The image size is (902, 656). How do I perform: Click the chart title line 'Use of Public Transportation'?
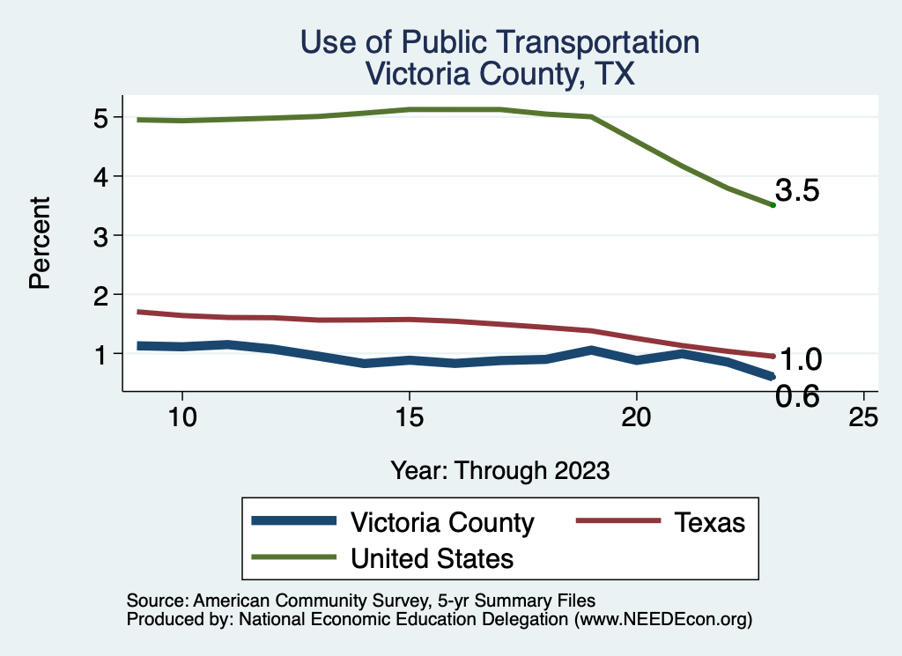click(x=499, y=42)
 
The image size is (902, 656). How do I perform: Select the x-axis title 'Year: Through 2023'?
click(x=499, y=470)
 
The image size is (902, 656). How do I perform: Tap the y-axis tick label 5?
click(x=100, y=117)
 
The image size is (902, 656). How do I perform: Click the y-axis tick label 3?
click(x=100, y=235)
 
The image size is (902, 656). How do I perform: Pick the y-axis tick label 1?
click(x=100, y=353)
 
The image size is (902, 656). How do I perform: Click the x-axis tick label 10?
click(x=181, y=416)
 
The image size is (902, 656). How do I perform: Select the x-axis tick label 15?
click(x=409, y=416)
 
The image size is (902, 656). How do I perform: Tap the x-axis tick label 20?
click(x=636, y=416)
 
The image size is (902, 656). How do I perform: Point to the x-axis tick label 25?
click(x=863, y=416)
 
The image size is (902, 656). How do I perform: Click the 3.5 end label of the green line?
click(x=798, y=190)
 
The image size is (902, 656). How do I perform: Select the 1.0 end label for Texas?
click(x=801, y=359)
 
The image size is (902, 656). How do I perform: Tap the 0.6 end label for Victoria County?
click(x=797, y=396)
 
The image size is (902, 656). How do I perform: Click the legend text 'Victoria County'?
click(x=442, y=522)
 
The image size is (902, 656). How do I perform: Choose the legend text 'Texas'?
click(x=710, y=522)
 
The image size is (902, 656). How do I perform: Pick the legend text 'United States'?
click(x=432, y=557)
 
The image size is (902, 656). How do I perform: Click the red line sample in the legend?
click(x=617, y=521)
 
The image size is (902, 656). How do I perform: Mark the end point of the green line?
click(x=773, y=204)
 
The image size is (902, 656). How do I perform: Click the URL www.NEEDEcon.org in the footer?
click(x=663, y=620)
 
